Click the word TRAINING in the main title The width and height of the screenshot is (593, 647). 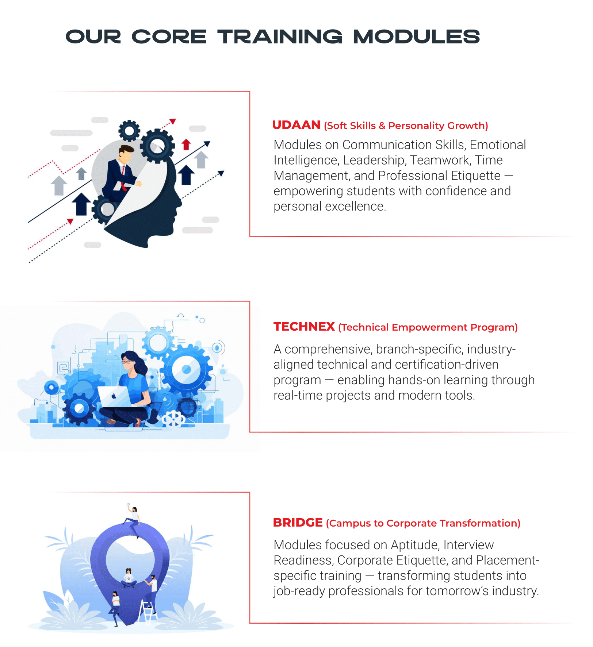tap(280, 37)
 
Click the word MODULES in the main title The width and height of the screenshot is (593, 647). tap(416, 37)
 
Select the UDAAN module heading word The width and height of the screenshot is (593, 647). tap(296, 125)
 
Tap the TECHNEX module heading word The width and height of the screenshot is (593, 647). tap(304, 327)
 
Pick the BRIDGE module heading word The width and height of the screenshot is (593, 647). tap(298, 523)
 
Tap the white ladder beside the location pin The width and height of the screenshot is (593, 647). tap(148, 611)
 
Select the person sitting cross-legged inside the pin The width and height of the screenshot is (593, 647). tap(129, 578)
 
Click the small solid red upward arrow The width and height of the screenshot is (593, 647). tap(186, 144)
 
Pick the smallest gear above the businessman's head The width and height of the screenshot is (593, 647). tap(129, 131)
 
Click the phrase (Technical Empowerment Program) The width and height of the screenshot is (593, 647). tap(428, 327)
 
